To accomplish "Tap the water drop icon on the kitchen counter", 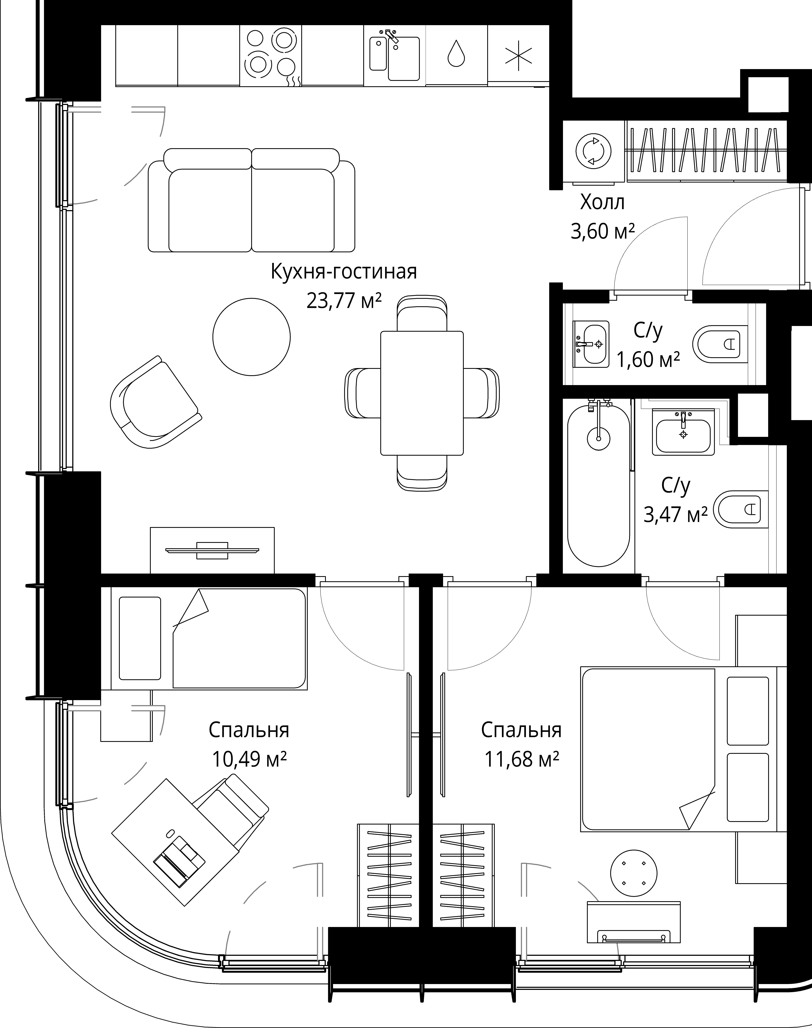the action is point(456,54).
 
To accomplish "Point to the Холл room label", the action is point(602,203).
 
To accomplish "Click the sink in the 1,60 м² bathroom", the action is point(591,344).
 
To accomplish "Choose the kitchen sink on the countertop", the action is point(395,57).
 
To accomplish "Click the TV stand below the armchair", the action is point(212,550).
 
